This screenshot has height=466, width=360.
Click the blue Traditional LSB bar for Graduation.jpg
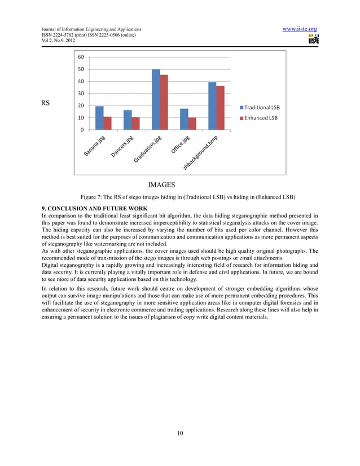156,99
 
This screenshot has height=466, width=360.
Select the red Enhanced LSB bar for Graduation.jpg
164,102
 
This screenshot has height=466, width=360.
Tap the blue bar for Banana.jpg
99,118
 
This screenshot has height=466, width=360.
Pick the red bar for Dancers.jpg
135,124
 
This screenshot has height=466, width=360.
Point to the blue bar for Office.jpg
184,119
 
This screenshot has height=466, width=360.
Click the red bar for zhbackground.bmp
220,108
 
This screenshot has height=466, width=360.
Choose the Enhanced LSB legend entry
260,118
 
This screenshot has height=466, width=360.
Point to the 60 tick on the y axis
81,57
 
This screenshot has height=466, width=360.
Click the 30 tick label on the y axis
81,94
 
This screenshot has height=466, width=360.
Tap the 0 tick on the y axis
83,130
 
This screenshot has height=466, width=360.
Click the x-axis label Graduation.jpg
148,151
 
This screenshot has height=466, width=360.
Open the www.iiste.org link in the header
300,29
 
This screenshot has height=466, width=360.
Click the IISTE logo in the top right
313,39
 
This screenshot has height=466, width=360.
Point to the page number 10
179,433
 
